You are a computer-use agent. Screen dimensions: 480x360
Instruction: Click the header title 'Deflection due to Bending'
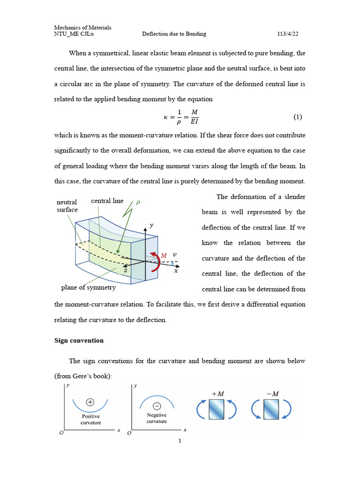coord(174,34)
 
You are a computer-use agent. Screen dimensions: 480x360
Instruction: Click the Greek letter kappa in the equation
coord(165,117)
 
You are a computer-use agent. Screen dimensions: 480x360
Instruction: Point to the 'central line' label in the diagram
coord(107,201)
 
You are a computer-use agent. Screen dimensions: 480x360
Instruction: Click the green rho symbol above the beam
coord(138,202)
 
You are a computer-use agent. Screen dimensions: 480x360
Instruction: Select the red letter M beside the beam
coord(164,255)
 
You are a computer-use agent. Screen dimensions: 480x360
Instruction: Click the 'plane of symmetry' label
coord(88,287)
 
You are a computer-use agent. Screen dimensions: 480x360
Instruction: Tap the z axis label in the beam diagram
coord(126,270)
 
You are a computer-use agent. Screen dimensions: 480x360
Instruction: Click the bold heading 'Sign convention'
coord(79,340)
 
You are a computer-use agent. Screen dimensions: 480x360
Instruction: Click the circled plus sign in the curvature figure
coord(90,402)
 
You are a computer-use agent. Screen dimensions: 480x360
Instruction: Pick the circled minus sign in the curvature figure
coord(157,406)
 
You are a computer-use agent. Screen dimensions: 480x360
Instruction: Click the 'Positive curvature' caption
coord(90,419)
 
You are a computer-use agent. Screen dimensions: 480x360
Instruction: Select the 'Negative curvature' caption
coord(157,418)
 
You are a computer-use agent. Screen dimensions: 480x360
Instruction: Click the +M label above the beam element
coord(217,394)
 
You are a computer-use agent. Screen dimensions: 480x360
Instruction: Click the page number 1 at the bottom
coord(180,441)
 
